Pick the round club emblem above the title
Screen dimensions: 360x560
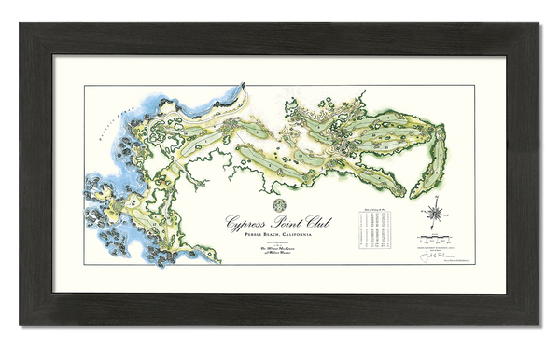tap(278, 204)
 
